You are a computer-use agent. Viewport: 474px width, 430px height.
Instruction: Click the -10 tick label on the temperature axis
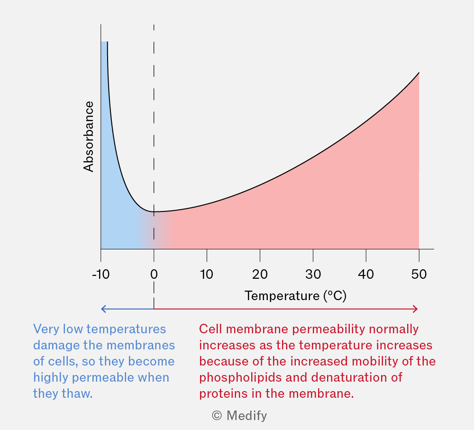[x=100, y=274]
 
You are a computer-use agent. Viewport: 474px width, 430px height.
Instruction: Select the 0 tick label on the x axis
[x=154, y=274]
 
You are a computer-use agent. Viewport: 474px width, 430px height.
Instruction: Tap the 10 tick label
[x=207, y=274]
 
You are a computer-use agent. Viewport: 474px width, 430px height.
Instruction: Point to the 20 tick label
[x=260, y=274]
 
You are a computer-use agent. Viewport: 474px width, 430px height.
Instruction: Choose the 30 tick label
[x=313, y=274]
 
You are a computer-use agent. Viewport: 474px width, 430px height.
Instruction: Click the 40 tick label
[x=366, y=274]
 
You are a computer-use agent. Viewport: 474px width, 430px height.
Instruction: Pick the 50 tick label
[x=419, y=274]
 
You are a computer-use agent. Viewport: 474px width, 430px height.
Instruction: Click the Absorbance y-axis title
[x=88, y=137]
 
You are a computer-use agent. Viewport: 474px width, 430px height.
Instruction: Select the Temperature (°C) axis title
[x=295, y=296]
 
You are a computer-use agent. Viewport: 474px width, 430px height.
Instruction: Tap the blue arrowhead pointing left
[x=103, y=309]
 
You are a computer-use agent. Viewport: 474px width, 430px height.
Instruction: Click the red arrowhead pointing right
[x=416, y=309]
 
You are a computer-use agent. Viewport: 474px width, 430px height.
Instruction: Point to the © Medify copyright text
[x=239, y=415]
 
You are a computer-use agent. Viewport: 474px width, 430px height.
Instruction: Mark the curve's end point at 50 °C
[x=419, y=73]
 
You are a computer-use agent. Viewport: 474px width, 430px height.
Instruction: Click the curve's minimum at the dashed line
[x=154, y=211]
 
